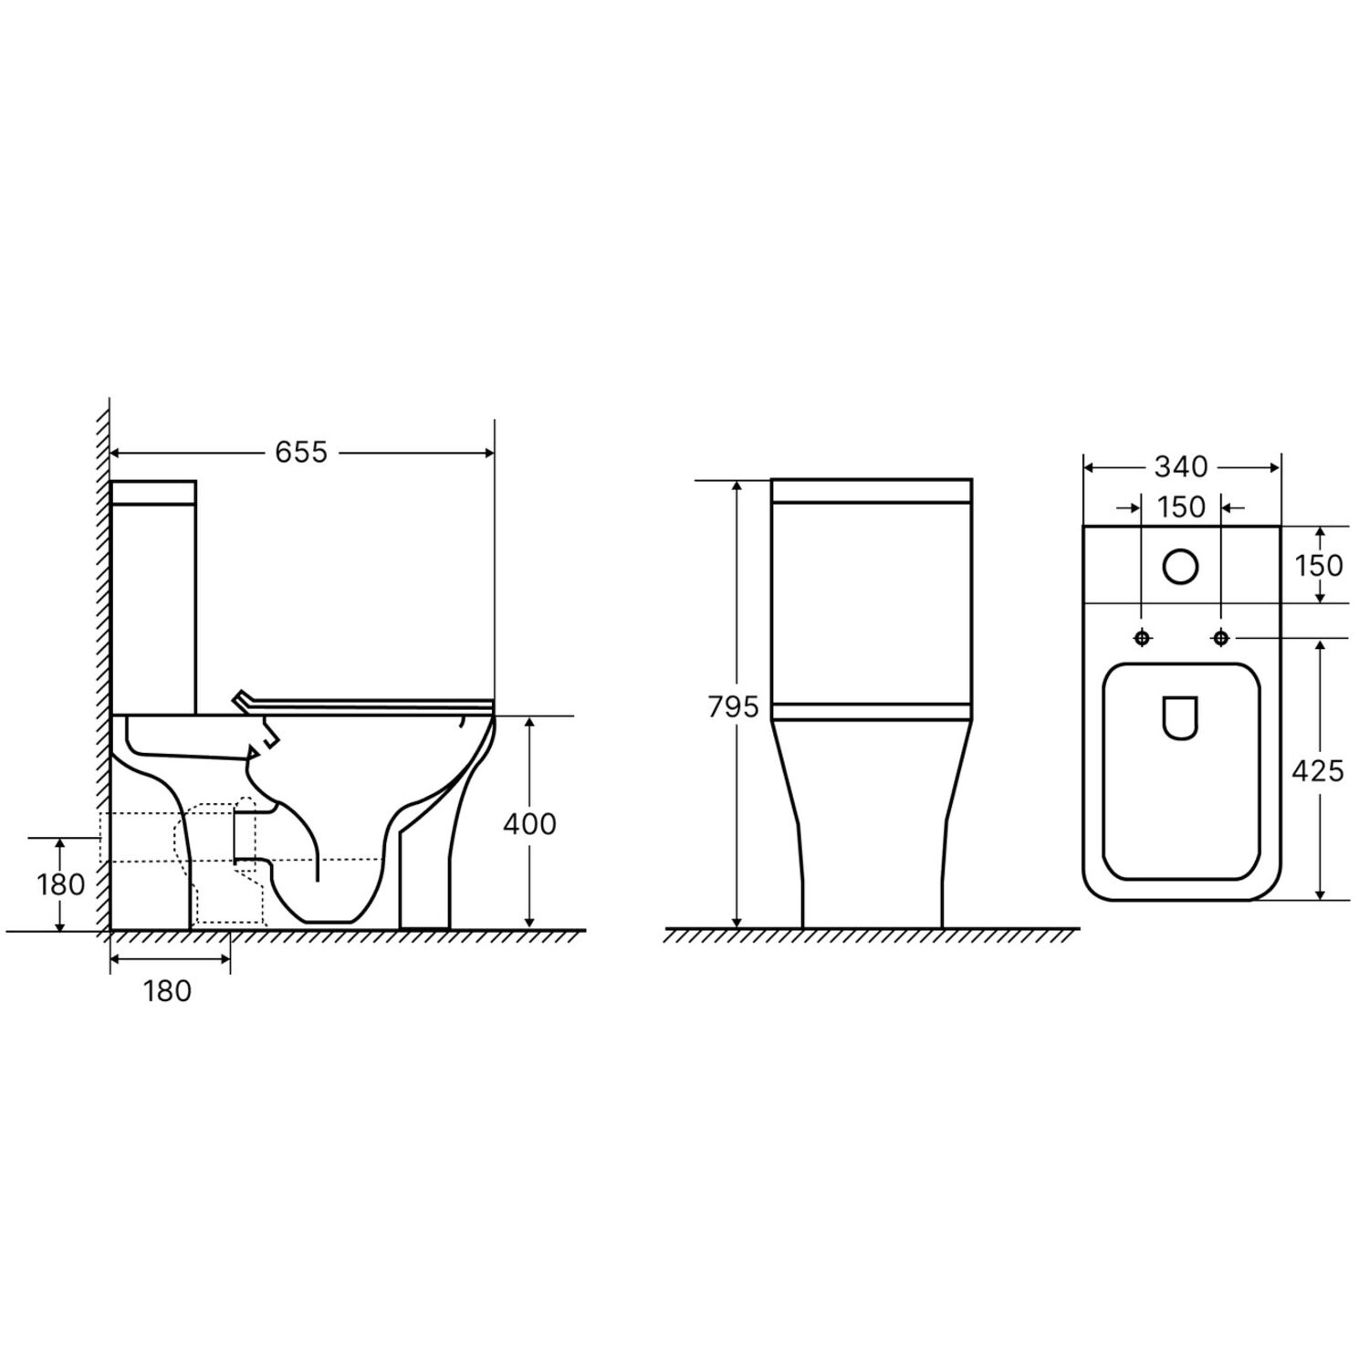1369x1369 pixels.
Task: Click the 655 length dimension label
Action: point(301,453)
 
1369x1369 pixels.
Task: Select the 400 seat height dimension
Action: point(529,824)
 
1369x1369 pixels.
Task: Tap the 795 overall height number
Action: point(733,706)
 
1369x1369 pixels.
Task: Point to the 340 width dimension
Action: point(1181,467)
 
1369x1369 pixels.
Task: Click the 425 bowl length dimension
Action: point(1318,771)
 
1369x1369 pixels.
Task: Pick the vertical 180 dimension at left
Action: point(61,884)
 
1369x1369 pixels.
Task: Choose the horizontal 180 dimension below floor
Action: point(167,990)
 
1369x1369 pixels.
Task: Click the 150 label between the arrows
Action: point(1182,507)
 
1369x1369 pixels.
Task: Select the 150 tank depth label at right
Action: point(1320,565)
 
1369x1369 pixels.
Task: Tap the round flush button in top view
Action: point(1181,567)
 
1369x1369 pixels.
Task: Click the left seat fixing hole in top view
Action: point(1142,638)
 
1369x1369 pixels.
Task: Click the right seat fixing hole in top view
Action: point(1220,638)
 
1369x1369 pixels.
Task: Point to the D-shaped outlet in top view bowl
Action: point(1181,717)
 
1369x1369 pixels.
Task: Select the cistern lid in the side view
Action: point(153,492)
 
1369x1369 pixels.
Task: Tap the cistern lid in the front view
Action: point(871,490)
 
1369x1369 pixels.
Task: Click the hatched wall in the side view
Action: point(102,639)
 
